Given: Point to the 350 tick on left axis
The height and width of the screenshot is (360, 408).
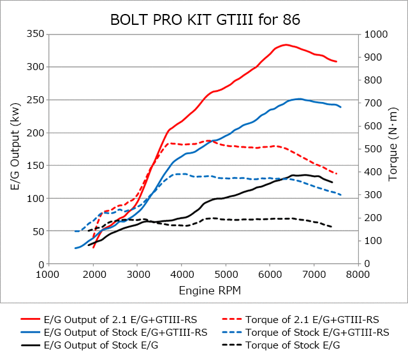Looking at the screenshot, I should (34, 34).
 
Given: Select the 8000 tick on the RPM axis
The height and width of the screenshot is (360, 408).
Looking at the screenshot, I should (359, 275).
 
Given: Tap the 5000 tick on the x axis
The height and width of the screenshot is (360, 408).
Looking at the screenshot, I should (226, 275).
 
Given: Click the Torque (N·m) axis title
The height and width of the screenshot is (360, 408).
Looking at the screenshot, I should (397, 148).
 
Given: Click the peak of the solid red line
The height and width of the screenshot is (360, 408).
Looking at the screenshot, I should (286, 45).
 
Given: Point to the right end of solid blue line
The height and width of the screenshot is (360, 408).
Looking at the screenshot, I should (341, 107).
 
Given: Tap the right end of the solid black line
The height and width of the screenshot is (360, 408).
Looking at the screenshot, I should (332, 182).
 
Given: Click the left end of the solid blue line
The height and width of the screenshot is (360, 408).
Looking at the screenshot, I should (75, 248).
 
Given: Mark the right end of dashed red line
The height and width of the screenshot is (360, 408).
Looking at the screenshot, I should (337, 174).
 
